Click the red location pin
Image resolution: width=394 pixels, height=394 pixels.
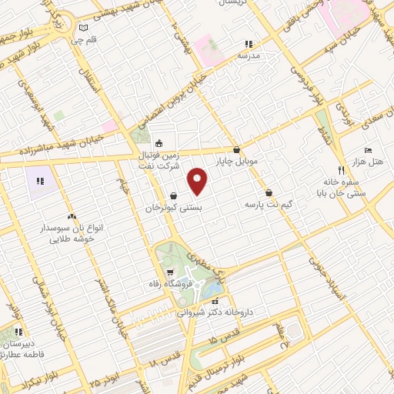click(x=199, y=182)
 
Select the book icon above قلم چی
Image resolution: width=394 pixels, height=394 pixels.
click(x=83, y=28)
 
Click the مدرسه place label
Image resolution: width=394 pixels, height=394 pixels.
click(x=248, y=56)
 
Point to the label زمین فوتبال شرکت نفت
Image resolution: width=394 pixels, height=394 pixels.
click(x=158, y=159)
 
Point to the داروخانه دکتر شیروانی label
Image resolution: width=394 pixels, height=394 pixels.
click(x=215, y=313)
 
